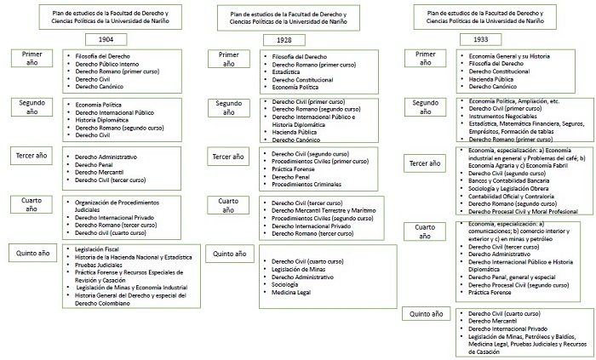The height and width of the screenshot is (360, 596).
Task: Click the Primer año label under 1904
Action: click(33, 60)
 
